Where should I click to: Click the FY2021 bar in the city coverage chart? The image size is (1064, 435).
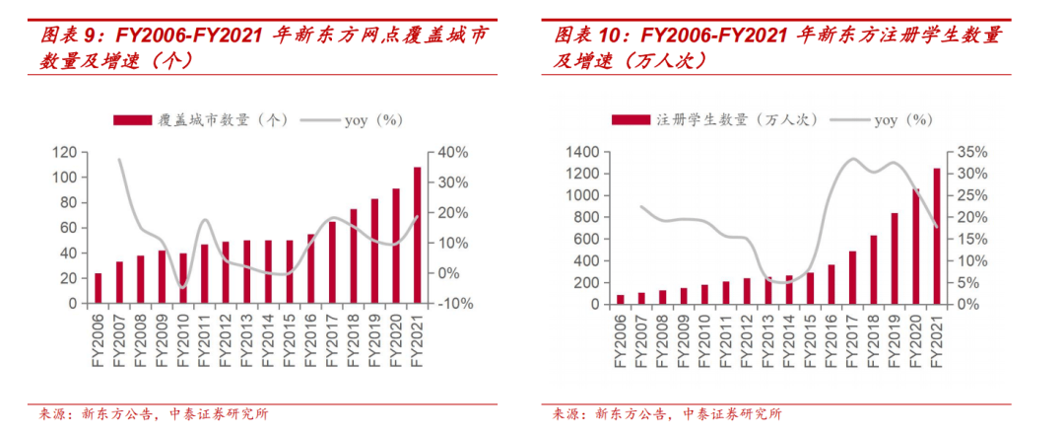(x=417, y=236)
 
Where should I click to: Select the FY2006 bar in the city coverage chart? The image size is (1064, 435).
(x=98, y=288)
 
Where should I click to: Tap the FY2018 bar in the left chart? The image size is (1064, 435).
(x=353, y=256)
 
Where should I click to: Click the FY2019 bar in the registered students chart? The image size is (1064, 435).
(x=895, y=258)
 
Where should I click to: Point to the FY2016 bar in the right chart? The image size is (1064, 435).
(x=831, y=284)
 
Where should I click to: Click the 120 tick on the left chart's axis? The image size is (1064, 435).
(x=64, y=152)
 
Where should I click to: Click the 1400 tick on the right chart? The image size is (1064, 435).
(x=581, y=152)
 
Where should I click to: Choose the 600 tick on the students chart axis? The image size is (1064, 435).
(x=585, y=239)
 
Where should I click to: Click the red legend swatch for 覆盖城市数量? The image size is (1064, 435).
(x=134, y=120)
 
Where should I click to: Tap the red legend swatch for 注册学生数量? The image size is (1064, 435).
(x=632, y=120)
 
